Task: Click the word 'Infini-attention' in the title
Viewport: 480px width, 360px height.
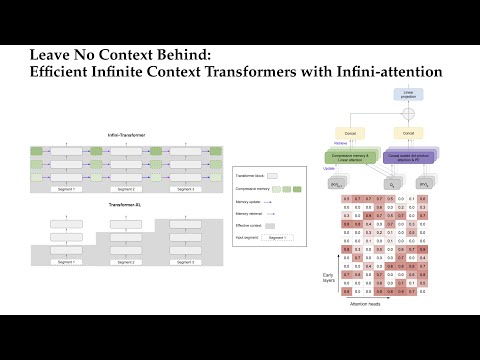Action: point(386,72)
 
